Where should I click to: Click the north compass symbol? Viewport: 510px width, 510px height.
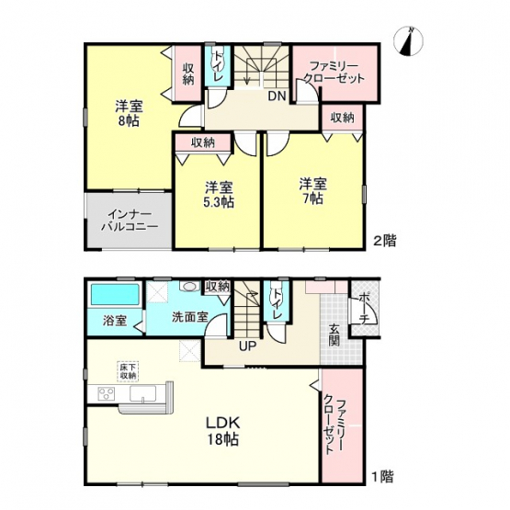click(x=408, y=41)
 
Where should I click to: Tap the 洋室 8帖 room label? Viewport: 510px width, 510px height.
click(x=129, y=113)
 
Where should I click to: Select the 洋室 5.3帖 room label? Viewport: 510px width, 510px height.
click(x=219, y=195)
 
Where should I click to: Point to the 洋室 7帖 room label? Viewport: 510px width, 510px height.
click(x=313, y=191)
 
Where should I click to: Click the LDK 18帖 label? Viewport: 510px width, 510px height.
click(x=222, y=431)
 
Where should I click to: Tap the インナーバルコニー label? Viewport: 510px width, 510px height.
click(x=130, y=221)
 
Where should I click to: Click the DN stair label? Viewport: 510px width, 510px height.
click(x=277, y=96)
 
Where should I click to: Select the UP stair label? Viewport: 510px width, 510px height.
click(x=248, y=346)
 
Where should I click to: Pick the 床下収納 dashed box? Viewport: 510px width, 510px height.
click(x=128, y=371)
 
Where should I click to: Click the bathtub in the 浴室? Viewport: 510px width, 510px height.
click(x=115, y=295)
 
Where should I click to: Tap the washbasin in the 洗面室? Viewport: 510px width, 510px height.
click(x=189, y=287)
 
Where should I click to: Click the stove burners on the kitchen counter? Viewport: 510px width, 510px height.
click(x=107, y=393)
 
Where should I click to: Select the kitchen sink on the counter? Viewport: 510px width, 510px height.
click(x=143, y=393)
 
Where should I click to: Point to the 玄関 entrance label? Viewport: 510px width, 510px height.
click(x=334, y=335)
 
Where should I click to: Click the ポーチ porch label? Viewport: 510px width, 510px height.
click(x=364, y=308)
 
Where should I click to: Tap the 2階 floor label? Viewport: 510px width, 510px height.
click(x=384, y=242)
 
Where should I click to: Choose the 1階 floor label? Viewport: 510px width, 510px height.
click(x=382, y=477)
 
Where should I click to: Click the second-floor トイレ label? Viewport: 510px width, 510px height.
click(x=217, y=66)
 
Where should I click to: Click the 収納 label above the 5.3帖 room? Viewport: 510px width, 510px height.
click(x=203, y=142)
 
